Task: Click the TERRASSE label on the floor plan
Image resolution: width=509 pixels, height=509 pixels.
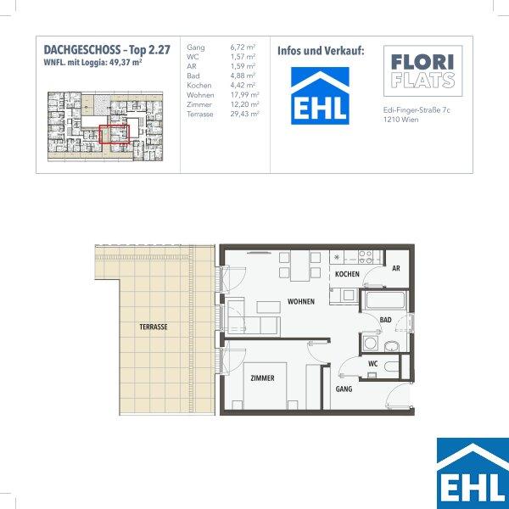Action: [154, 327]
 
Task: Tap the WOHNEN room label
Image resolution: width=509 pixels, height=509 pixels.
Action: [301, 301]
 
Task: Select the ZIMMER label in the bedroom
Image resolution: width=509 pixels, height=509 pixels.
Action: [262, 378]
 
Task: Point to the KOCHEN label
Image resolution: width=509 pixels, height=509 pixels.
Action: [347, 274]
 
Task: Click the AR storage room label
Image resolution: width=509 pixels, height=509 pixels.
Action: [396, 268]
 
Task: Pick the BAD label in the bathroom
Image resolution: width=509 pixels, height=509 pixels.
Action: [386, 320]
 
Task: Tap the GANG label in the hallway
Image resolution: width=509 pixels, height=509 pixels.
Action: [344, 389]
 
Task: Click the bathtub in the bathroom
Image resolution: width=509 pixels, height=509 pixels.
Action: [386, 300]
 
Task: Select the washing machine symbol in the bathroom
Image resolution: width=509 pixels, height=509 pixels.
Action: [370, 343]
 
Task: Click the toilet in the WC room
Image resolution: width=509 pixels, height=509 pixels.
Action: [391, 366]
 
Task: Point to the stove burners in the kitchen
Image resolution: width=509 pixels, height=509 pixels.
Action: [366, 257]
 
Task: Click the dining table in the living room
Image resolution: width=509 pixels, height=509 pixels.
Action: [299, 266]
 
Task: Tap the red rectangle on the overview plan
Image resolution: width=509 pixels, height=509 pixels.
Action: [115, 134]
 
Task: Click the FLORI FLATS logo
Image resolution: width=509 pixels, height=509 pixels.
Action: [423, 70]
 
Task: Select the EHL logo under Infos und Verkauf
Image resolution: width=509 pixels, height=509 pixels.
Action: [320, 96]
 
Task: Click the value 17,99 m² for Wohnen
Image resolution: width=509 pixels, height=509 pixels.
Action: [244, 95]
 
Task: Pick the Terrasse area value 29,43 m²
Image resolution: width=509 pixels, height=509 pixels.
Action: [244, 114]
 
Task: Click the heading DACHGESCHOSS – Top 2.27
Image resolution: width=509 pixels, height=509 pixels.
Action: [107, 50]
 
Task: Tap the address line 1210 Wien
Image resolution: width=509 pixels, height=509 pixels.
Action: [400, 120]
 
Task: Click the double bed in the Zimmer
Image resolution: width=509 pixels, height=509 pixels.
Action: [265, 386]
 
